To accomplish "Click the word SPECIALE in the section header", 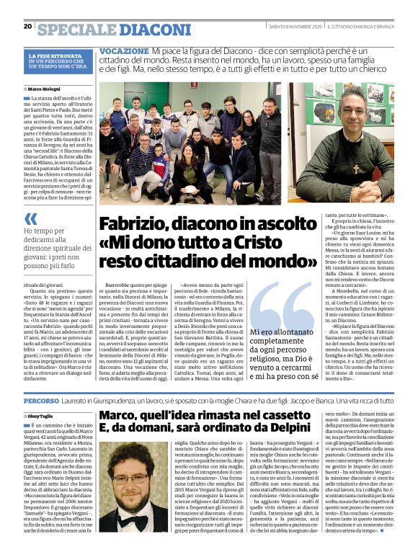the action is (x=76, y=30).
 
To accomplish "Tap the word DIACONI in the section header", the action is (x=145, y=30).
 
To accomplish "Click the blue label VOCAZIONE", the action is (x=123, y=53).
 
